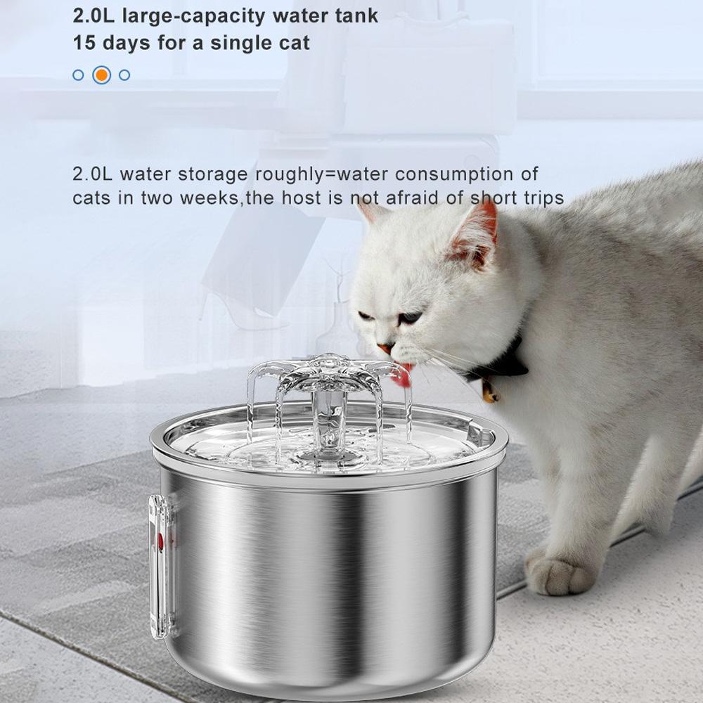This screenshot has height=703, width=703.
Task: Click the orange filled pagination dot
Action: coord(102,75)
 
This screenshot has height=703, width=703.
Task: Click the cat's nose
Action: coord(384,347)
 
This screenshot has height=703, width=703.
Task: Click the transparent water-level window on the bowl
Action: coord(160,555)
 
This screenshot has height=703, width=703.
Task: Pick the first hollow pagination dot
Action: coord(78,75)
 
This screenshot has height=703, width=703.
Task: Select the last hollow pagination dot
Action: coord(124,75)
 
